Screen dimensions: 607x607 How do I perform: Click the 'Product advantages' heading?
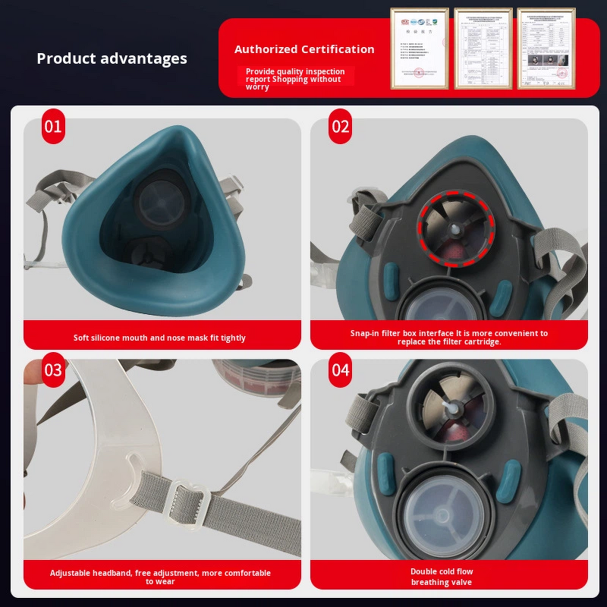(112, 58)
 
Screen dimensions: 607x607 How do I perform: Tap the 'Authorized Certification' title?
(304, 49)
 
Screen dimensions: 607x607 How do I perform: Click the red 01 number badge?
(52, 126)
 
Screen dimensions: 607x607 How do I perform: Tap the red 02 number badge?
(341, 126)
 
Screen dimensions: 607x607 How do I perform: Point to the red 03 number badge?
(52, 370)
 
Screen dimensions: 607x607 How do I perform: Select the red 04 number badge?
(341, 370)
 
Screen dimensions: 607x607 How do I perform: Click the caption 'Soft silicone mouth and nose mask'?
(159, 338)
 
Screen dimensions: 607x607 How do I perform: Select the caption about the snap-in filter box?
(448, 337)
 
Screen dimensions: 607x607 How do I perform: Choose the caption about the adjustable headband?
(160, 577)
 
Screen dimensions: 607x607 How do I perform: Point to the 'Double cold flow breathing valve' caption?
(441, 577)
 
